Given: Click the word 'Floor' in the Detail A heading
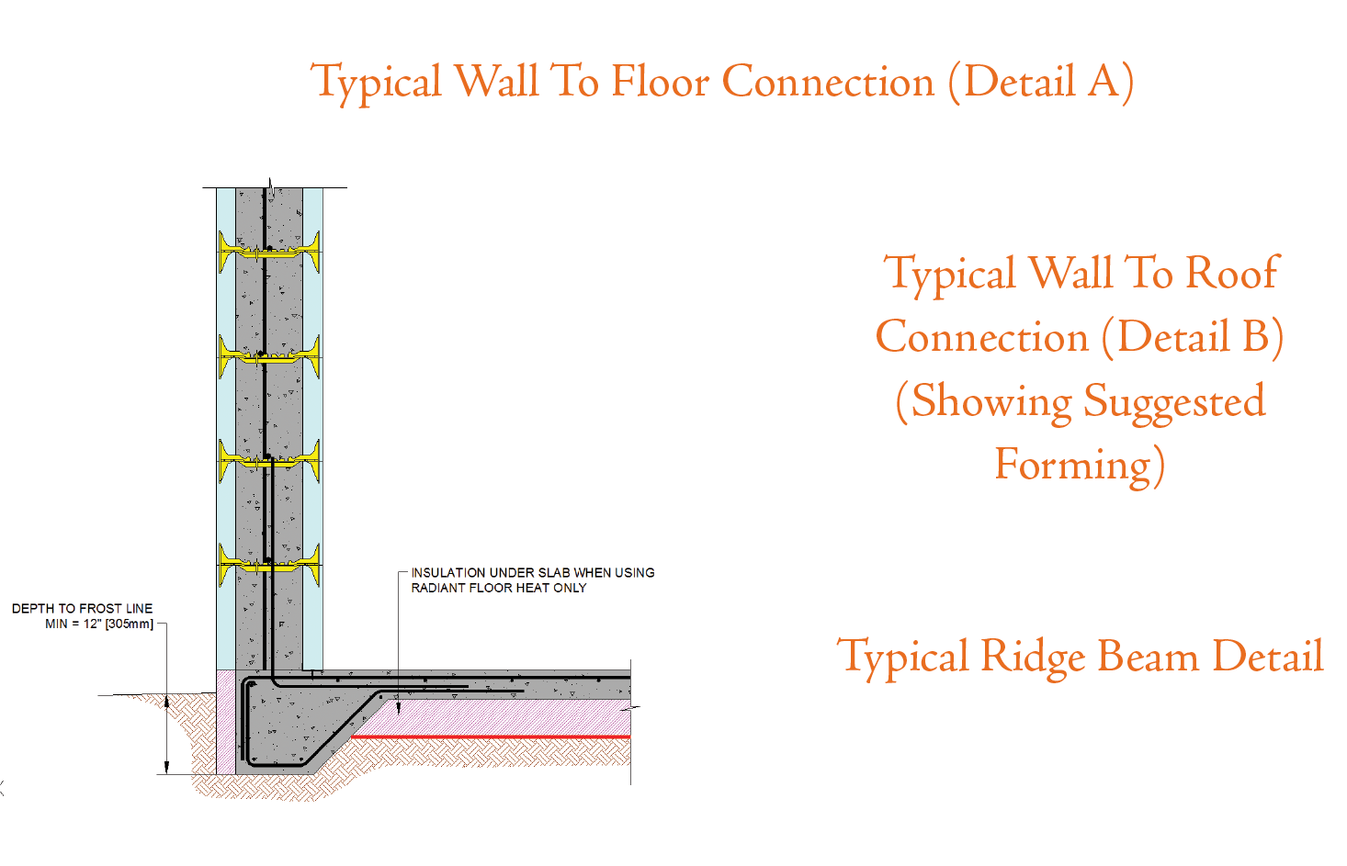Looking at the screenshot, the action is tap(661, 81).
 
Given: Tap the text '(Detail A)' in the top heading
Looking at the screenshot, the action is tap(1041, 83).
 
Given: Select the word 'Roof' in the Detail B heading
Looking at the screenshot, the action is tap(1232, 272).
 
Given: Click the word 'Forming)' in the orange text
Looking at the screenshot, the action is tap(1080, 465).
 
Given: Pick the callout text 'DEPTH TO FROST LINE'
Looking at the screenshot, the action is tap(83, 609).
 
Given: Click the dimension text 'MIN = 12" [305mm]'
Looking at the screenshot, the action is tap(99, 624).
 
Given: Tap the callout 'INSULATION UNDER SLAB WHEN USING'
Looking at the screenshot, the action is tap(533, 573).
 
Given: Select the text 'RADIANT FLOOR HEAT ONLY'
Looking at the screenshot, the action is tap(499, 588).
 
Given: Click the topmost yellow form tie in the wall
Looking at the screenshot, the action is tap(269, 253).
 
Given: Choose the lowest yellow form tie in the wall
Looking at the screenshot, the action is tap(269, 565).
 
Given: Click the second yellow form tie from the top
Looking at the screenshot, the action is tap(269, 357).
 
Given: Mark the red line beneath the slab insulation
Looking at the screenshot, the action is tap(491, 737).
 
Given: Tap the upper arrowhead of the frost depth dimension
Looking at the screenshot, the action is tap(166, 701).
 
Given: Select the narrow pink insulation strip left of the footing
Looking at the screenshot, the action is tap(226, 722).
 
